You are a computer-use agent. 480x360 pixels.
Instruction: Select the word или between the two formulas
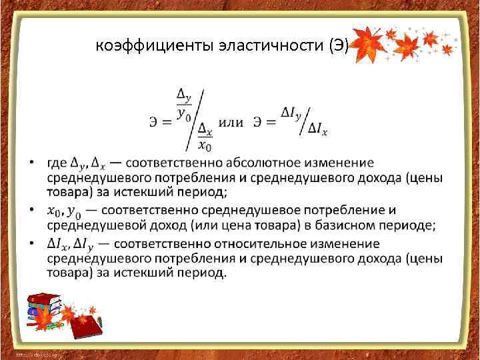(231, 122)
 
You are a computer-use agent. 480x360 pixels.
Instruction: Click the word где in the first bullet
(57, 163)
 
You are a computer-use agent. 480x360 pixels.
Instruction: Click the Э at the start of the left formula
(153, 122)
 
